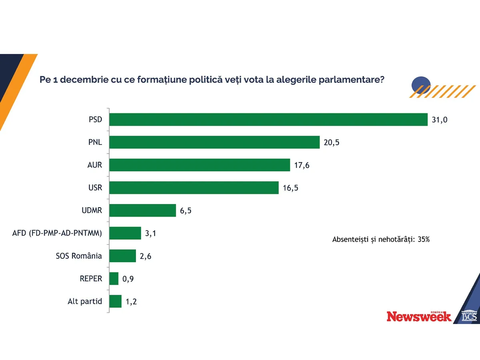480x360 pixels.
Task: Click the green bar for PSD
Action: coord(268,120)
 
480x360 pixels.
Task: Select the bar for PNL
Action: coord(214,142)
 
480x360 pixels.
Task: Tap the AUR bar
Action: coord(200,165)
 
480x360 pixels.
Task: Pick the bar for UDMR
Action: coord(143,210)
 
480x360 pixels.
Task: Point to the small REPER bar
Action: coord(114,279)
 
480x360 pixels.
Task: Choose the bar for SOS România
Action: coord(123,256)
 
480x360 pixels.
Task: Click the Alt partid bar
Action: coord(116,302)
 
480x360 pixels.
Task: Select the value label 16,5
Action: coord(290,188)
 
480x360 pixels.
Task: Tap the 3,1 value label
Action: coord(151,234)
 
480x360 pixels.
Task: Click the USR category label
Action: coord(95,188)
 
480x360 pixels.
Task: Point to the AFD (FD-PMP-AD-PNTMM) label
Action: coord(57,234)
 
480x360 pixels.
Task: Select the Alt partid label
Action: coord(85,302)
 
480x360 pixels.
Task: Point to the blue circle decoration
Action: coord(420,84)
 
